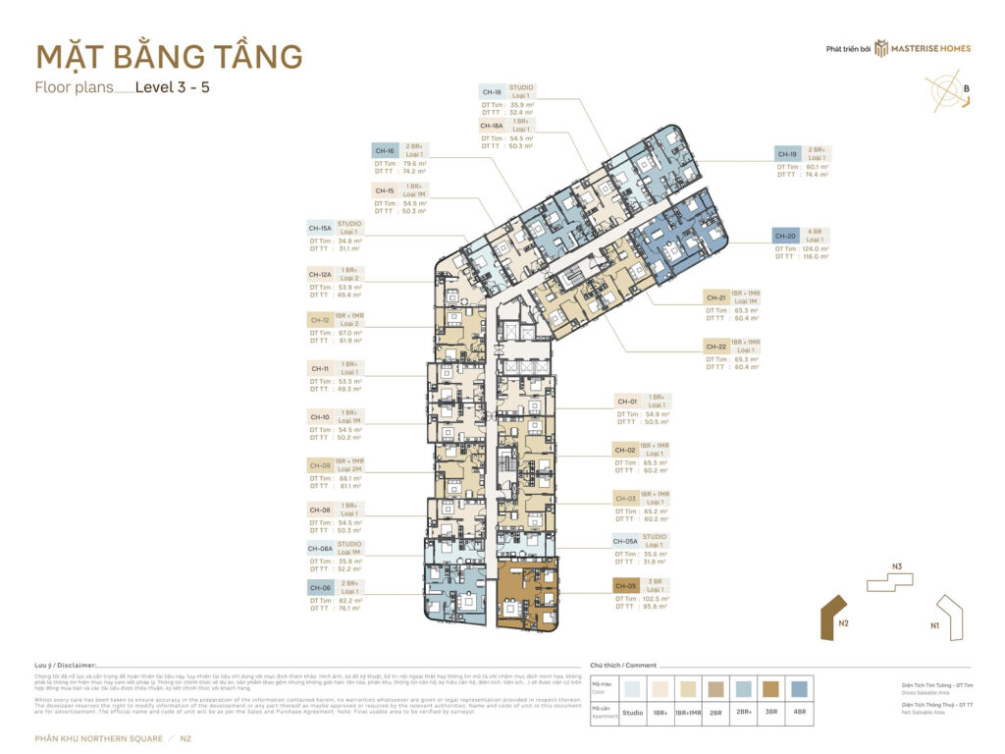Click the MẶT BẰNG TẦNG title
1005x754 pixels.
168,56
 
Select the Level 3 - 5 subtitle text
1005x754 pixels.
173,86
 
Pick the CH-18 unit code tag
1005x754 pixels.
493,92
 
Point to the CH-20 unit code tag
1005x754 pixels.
786,236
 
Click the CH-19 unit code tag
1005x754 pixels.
787,154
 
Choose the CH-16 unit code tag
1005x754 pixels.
385,151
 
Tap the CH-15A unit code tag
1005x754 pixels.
321,227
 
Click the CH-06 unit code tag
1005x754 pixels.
320,587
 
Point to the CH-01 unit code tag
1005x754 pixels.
627,401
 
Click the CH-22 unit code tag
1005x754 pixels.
717,347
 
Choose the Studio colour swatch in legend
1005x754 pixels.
633,688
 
